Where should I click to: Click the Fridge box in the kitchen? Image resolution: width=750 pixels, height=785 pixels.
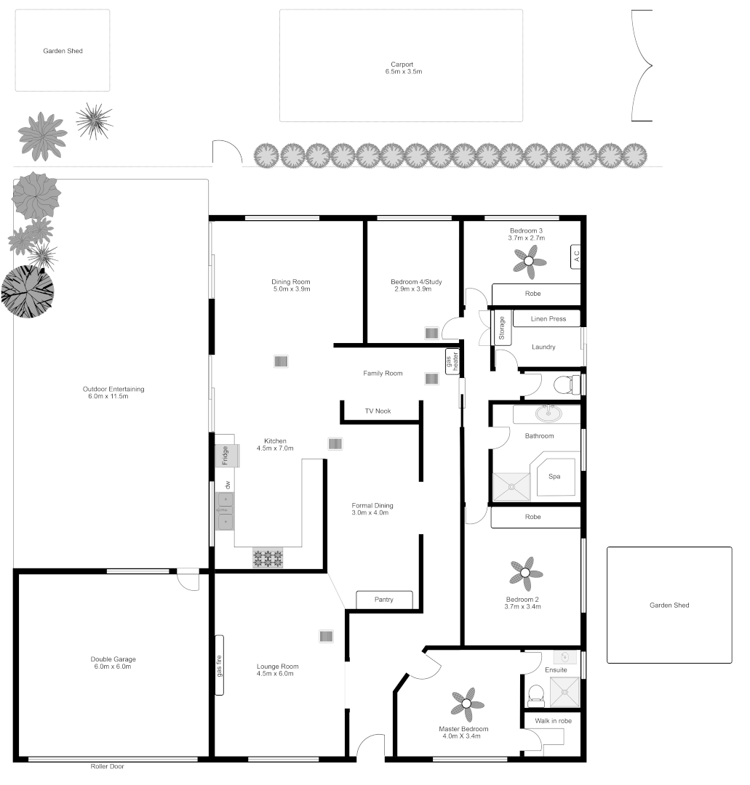pos(226,455)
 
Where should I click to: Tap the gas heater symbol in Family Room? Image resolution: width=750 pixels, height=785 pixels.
pos(452,361)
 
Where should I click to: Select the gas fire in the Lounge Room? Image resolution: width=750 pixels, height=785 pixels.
pos(220,665)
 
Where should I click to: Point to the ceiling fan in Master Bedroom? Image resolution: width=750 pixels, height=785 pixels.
pos(467,703)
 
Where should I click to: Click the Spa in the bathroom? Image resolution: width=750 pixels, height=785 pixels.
pos(554,477)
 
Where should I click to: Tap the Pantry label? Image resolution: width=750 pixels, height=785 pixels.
pos(384,600)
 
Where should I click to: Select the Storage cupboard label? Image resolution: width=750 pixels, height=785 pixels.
pos(502,329)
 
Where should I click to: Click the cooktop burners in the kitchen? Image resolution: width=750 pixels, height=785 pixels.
pos(268,558)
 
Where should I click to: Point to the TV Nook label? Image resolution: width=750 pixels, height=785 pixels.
pos(378,411)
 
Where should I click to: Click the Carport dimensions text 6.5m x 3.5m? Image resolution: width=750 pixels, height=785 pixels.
pos(404,72)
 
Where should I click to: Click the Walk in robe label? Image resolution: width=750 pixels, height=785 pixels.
pos(554,721)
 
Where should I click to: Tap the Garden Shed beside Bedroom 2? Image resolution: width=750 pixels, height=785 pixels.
pos(669,605)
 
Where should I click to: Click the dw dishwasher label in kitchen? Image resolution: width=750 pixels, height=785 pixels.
pos(228,484)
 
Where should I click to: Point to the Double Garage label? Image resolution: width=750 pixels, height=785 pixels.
pos(112,659)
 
